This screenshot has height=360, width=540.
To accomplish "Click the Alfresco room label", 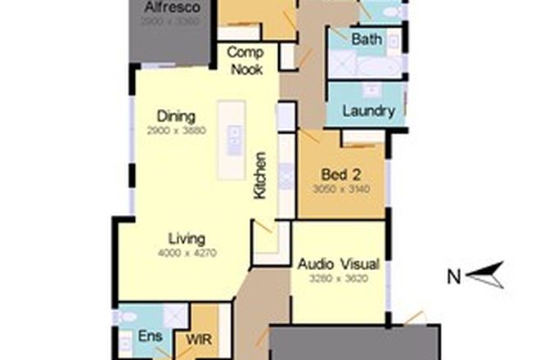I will point(173,8).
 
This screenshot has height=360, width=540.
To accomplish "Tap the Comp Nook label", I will point(245,61).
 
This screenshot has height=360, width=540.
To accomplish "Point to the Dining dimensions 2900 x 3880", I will point(176,130).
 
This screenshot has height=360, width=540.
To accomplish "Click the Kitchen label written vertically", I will point(260,175).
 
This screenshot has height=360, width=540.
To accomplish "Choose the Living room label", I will point(187,239).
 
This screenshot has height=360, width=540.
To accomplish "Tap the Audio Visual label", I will point(338,264).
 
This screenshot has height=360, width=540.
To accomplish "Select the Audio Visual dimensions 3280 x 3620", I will point(338,277).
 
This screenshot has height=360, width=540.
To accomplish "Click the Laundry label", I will point(369,110).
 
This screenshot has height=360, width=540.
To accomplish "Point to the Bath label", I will point(366,39).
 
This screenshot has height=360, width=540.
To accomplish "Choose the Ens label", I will point(149,337).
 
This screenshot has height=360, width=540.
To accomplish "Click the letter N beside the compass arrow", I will point(452,277).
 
